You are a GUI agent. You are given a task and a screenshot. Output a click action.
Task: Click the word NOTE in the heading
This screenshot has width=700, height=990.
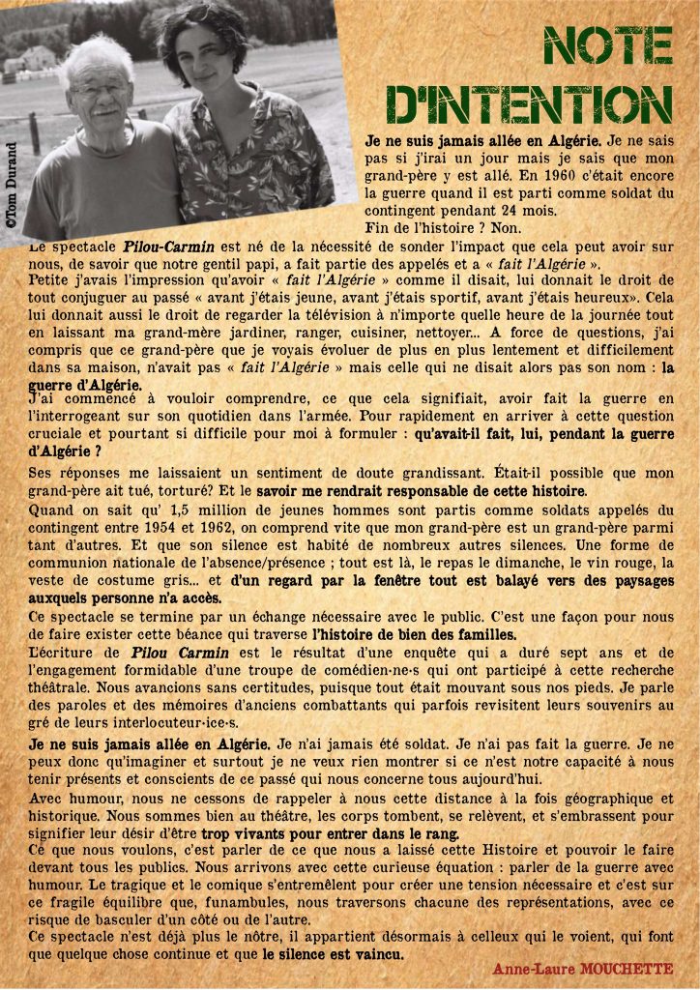[x=608, y=45]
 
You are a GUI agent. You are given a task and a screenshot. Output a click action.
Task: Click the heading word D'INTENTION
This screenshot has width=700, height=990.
[x=529, y=104]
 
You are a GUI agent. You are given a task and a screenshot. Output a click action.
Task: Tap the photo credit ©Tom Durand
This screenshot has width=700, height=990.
[x=11, y=185]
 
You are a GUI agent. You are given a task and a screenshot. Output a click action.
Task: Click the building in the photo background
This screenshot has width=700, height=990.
[x=37, y=58]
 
